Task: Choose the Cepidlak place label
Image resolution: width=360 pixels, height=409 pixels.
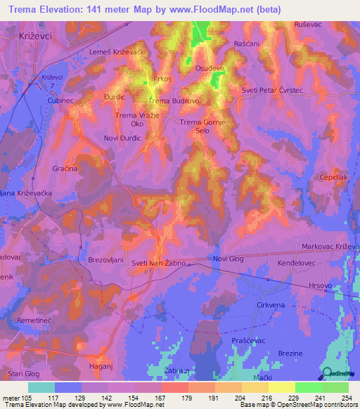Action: click(334, 178)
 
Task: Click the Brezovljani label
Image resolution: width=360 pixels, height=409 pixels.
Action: click(105, 259)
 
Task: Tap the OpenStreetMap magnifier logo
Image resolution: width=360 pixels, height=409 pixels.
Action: click(327, 375)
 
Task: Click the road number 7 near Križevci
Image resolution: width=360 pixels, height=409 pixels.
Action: click(51, 85)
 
